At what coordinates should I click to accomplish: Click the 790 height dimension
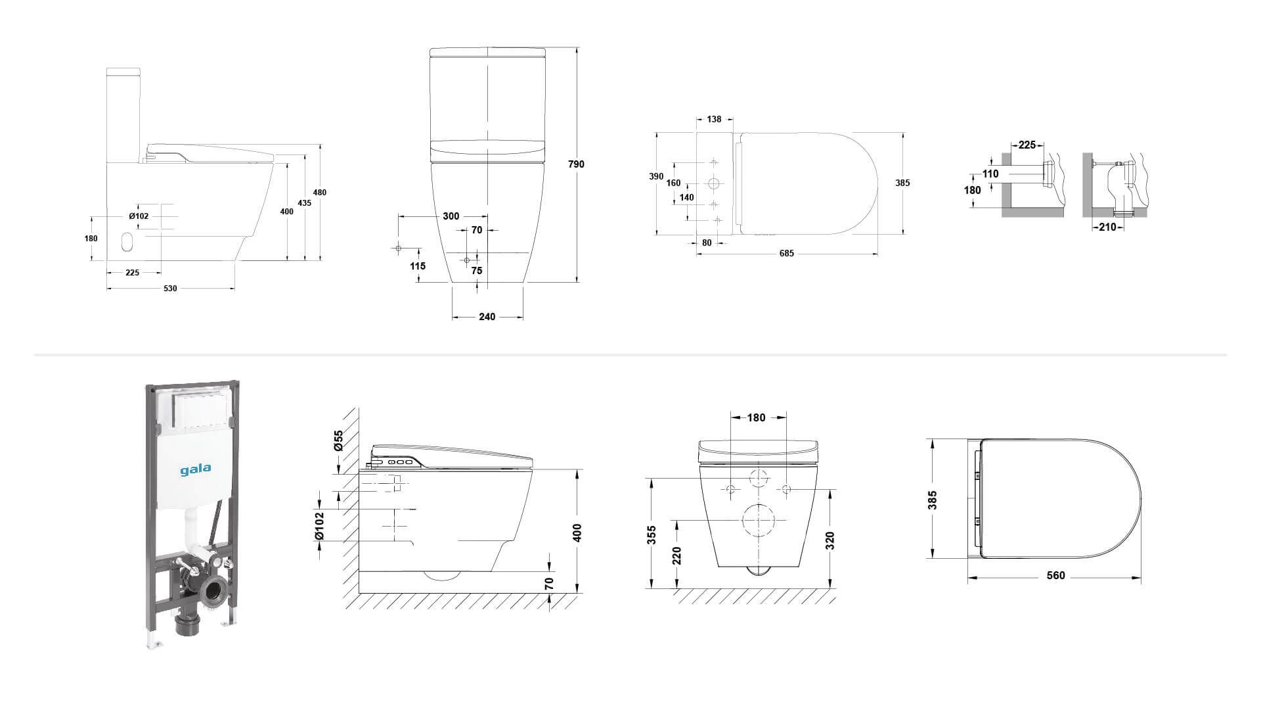click(x=576, y=164)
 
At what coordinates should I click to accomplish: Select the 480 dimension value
click(x=320, y=193)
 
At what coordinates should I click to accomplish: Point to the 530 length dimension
click(x=170, y=289)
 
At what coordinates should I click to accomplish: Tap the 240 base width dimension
click(x=487, y=317)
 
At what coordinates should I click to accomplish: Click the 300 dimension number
click(x=451, y=216)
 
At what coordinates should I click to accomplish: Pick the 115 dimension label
click(x=418, y=266)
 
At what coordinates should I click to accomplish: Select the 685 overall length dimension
click(x=787, y=254)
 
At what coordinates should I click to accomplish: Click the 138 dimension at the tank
click(x=714, y=120)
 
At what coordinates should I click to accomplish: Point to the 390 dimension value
click(x=656, y=177)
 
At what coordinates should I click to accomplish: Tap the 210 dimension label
click(x=1107, y=227)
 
